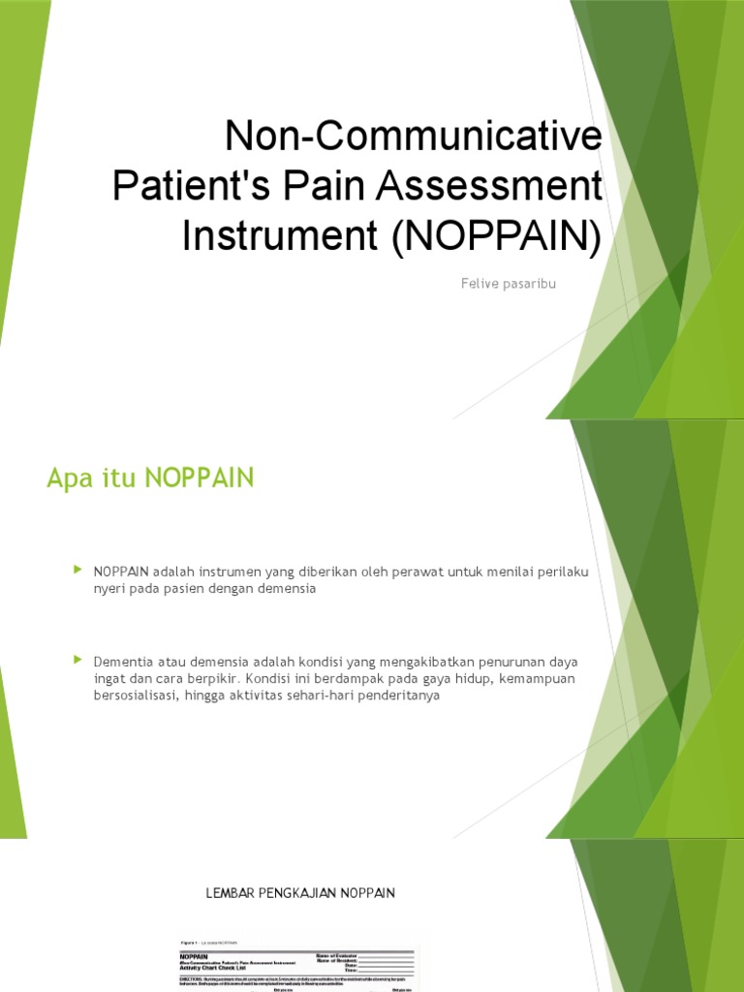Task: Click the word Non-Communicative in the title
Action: [x=413, y=138]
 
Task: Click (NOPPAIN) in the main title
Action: [x=496, y=235]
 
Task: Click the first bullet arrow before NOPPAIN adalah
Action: [x=78, y=571]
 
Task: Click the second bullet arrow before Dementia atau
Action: [x=78, y=660]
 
